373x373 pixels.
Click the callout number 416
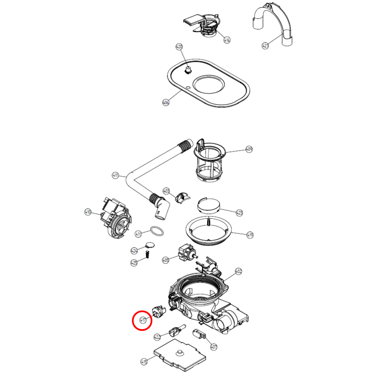(x=227, y=40)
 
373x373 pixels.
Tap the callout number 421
(x=265, y=46)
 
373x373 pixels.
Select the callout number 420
(x=179, y=47)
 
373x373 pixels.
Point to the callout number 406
(x=166, y=102)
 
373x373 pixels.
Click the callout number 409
(x=249, y=149)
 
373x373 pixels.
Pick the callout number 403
(x=166, y=191)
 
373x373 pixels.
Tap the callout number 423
(x=239, y=213)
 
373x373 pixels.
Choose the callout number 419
(x=250, y=235)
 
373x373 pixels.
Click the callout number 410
(x=88, y=212)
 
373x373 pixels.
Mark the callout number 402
(x=238, y=271)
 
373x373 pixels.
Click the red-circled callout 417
(x=143, y=320)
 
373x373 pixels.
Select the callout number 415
(x=144, y=362)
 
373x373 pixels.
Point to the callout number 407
(x=214, y=347)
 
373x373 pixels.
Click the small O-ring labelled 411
(x=157, y=231)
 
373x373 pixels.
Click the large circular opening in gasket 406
(x=209, y=84)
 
